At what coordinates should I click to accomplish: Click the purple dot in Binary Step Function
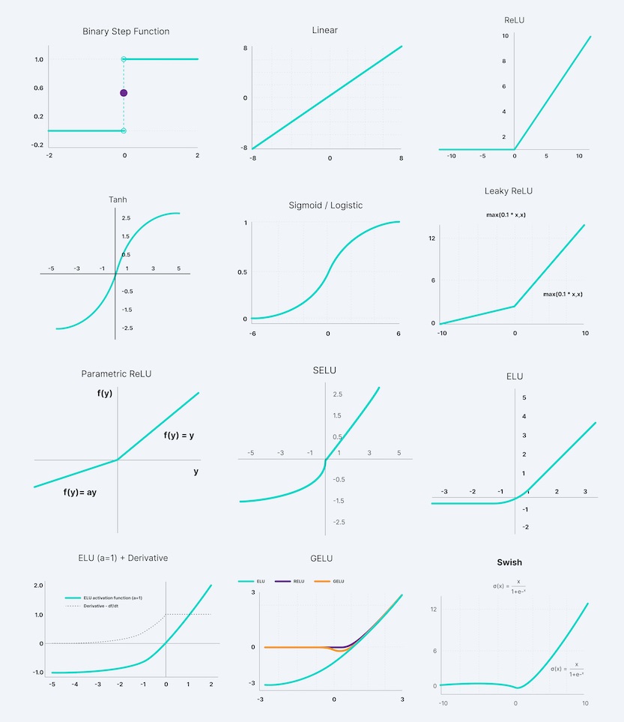[124, 93]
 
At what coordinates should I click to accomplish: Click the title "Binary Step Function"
[126, 31]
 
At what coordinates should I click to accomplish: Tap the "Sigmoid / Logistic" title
[326, 205]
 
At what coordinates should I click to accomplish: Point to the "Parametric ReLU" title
[116, 373]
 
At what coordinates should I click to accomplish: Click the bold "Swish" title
[509, 562]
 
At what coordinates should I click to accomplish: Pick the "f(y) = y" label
[179, 435]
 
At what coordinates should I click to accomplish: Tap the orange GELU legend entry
[335, 581]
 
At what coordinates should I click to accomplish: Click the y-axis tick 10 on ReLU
[506, 36]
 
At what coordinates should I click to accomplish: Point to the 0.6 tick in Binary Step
[37, 88]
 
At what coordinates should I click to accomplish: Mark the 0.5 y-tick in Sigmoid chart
[241, 271]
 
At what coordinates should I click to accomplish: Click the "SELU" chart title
[324, 371]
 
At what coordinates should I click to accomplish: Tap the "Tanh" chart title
[115, 199]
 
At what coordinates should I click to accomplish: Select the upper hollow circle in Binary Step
[124, 59]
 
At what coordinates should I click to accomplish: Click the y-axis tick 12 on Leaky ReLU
[432, 238]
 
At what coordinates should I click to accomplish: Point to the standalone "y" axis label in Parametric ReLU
[196, 472]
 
